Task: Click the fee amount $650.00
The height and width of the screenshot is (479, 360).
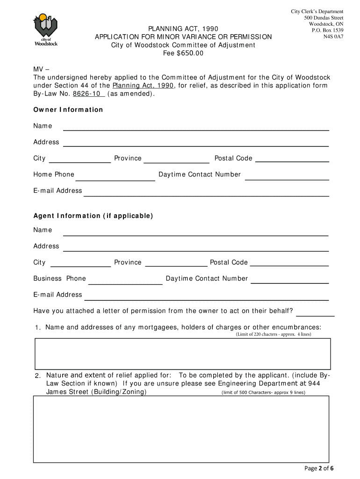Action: tap(190, 53)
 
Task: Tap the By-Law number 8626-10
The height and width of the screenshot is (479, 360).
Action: tap(87, 94)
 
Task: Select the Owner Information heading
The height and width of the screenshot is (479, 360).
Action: tap(68, 110)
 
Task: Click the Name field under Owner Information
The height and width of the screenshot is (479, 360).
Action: tap(196, 127)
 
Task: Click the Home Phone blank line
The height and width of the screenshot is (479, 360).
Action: tap(115, 176)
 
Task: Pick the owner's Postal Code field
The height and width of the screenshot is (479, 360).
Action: tap(293, 159)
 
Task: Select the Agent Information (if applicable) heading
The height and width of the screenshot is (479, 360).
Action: tap(93, 216)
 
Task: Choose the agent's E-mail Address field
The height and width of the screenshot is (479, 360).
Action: tap(206, 296)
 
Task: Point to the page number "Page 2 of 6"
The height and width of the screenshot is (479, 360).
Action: tap(318, 469)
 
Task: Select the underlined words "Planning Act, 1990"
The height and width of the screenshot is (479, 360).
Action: tap(143, 86)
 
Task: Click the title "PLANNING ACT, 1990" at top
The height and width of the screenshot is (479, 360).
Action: tap(183, 29)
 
